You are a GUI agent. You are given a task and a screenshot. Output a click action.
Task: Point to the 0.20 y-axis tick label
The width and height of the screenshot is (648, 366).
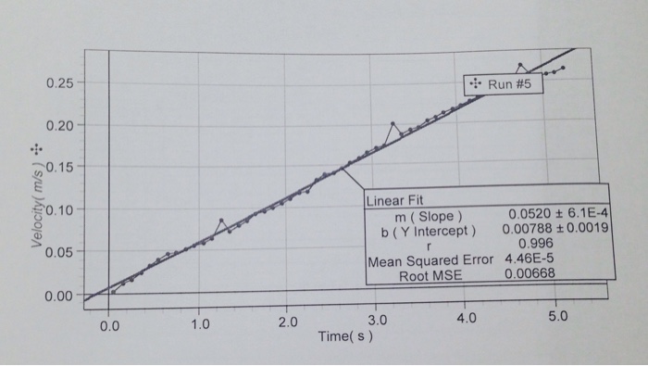coord(61,125)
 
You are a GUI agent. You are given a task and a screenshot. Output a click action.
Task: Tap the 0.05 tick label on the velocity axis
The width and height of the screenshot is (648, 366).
coord(61,252)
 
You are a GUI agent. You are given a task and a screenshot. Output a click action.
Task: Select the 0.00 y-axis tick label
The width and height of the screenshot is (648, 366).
coord(61,297)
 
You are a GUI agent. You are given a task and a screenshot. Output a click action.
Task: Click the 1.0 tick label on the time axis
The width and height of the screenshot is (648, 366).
coord(199,325)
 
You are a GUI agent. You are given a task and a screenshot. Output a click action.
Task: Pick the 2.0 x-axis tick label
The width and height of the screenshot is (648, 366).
coord(287,323)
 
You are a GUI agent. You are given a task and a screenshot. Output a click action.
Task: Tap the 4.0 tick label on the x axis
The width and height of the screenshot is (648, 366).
coord(466,320)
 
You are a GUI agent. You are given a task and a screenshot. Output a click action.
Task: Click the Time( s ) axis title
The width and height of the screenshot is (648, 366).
coord(344,335)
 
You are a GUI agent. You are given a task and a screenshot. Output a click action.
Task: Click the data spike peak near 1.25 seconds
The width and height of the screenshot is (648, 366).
coord(220,220)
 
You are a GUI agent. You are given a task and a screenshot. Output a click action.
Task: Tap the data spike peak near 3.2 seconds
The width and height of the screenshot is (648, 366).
coord(393,122)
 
